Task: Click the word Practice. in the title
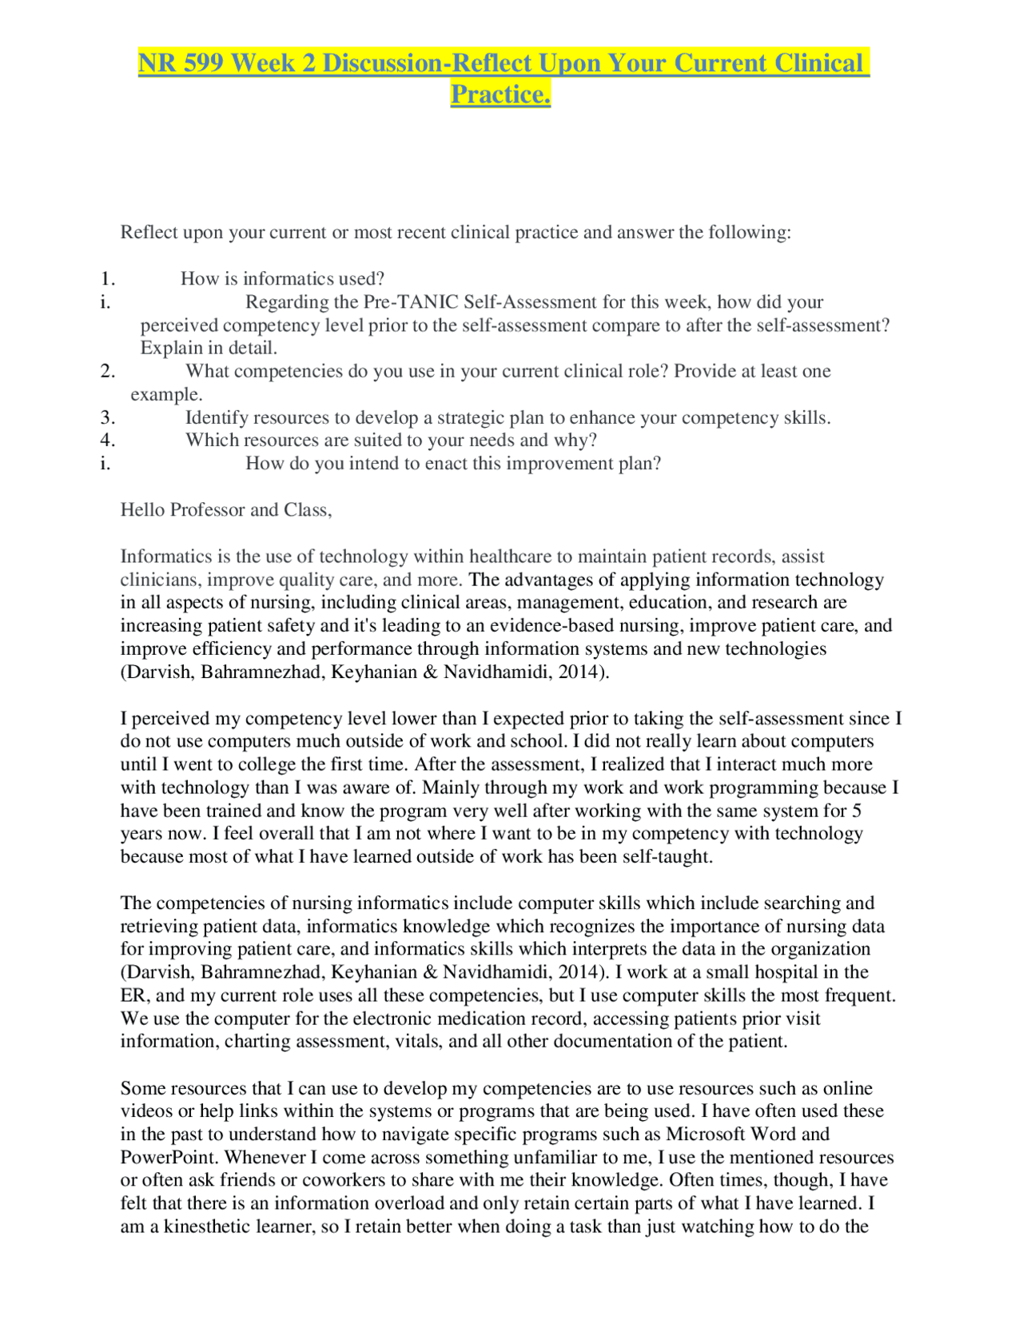(x=500, y=94)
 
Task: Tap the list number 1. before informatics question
(x=108, y=279)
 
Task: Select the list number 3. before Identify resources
(x=108, y=417)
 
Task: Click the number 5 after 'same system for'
(x=857, y=811)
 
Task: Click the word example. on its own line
(x=166, y=395)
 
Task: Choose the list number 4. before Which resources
(x=108, y=441)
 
